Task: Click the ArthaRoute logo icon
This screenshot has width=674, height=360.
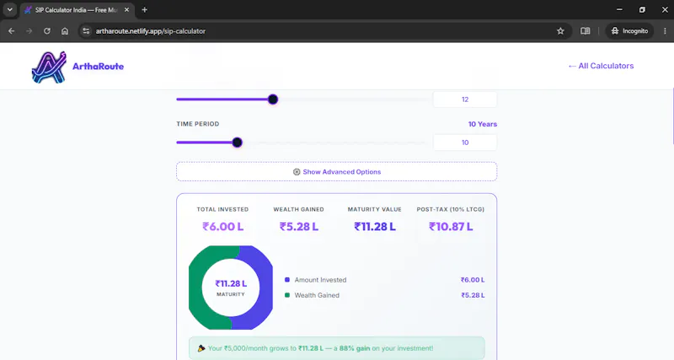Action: (x=49, y=67)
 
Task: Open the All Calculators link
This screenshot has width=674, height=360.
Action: (x=601, y=66)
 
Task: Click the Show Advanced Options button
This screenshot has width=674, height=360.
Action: (x=336, y=172)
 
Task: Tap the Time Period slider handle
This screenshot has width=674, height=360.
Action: (x=237, y=142)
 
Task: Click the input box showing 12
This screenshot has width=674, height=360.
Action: (x=465, y=99)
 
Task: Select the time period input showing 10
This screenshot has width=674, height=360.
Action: (x=465, y=142)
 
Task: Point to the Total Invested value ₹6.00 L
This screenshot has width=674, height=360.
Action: (x=222, y=227)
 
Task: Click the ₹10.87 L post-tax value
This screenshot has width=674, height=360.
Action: (x=451, y=227)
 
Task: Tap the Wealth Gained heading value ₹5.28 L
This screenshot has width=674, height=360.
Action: (x=299, y=227)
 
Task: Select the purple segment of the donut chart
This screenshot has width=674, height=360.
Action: (x=261, y=287)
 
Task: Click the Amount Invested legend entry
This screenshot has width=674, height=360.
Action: (x=320, y=280)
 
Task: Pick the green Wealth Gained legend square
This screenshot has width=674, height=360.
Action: (x=287, y=295)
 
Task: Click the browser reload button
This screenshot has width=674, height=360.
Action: (x=47, y=31)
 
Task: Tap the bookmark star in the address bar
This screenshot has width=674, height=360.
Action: (x=560, y=31)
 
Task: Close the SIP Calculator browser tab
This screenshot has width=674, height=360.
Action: (x=127, y=10)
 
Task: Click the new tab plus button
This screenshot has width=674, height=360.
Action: (x=144, y=10)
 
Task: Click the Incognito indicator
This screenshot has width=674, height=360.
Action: (x=629, y=31)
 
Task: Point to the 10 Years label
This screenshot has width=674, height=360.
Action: (x=482, y=124)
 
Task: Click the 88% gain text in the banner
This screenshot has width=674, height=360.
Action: (x=354, y=348)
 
